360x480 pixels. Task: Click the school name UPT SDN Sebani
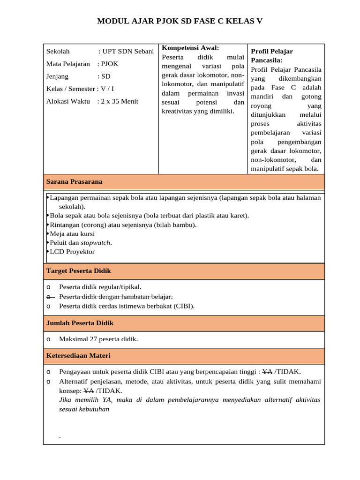[x=128, y=51]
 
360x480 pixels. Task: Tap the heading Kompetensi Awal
[x=190, y=48]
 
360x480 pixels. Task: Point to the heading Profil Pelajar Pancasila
[x=272, y=56]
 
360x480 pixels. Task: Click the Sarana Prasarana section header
[x=74, y=181]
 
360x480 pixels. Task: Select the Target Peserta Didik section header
[x=78, y=271]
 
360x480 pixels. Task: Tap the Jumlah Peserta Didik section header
[x=80, y=323]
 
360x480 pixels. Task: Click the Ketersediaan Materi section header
[x=78, y=356]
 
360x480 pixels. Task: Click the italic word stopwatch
[x=96, y=243]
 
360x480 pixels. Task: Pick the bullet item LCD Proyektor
[x=72, y=252]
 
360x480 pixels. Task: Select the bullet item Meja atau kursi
[x=72, y=233]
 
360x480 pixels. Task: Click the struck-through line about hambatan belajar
[x=116, y=297]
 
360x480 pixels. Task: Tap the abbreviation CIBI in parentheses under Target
[x=183, y=306]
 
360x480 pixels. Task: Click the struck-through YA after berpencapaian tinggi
[x=268, y=372]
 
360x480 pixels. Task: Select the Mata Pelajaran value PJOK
[x=110, y=64]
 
